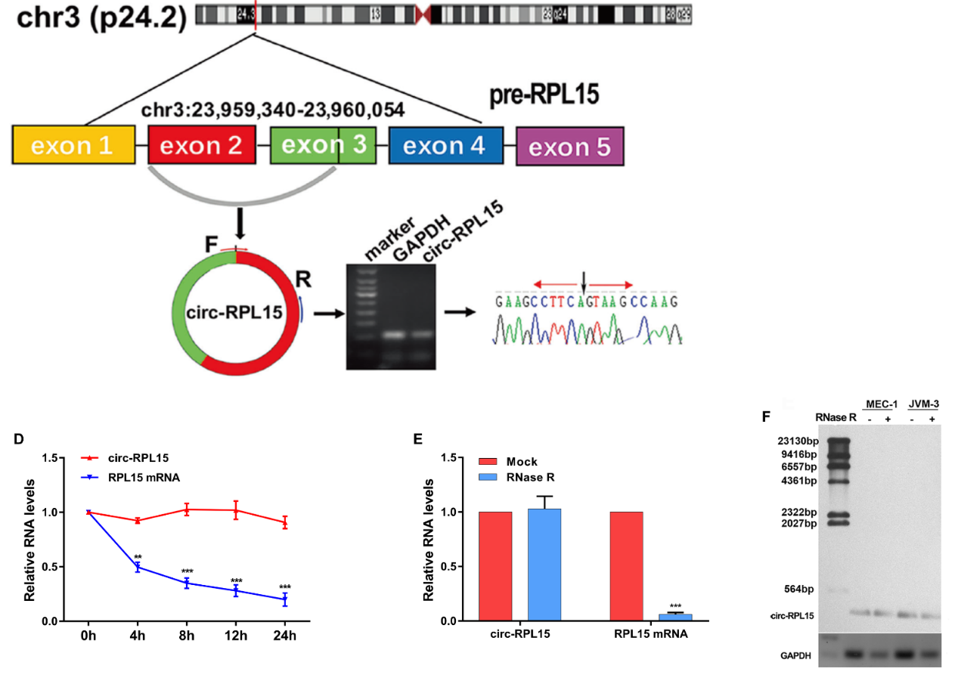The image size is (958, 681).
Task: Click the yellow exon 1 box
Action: [x=73, y=145]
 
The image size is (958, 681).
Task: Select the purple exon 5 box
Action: [x=569, y=146]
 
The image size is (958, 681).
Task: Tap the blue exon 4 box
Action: [x=445, y=145]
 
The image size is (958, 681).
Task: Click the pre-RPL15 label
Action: [x=544, y=94]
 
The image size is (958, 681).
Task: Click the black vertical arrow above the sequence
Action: [x=584, y=284]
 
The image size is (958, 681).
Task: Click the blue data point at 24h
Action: [x=285, y=599]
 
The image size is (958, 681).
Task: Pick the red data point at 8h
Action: [x=186, y=509]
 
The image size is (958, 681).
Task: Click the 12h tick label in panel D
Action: [x=236, y=636]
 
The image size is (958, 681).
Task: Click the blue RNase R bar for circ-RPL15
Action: [x=544, y=565]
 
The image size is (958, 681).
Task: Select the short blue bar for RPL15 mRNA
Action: [x=675, y=617]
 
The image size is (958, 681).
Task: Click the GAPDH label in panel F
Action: [x=795, y=656]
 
